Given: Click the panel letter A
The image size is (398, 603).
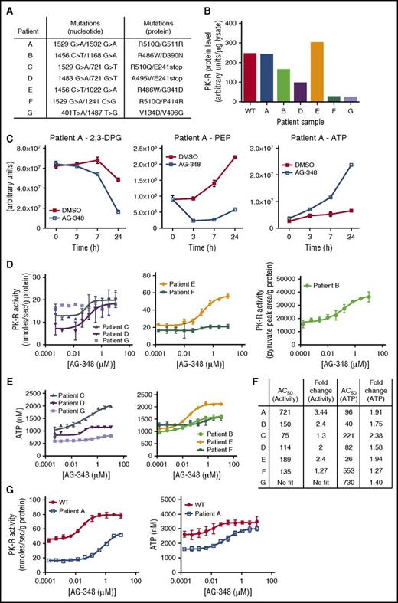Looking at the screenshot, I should tap(8, 5).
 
